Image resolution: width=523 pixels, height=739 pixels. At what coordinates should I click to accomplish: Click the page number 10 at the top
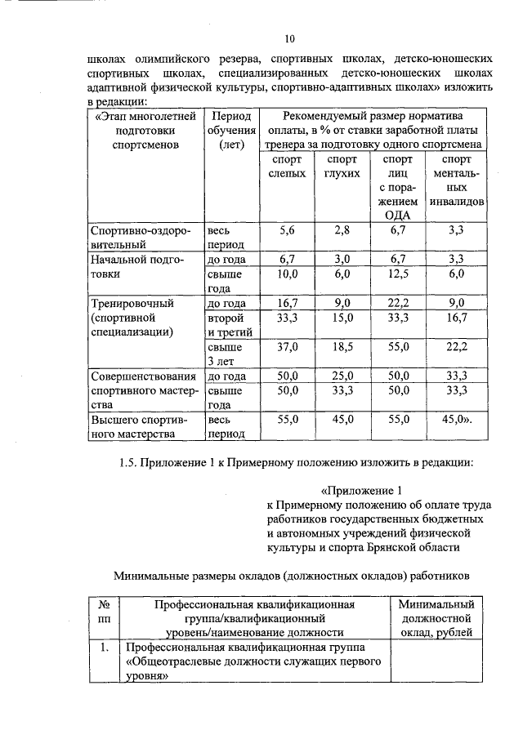pos(289,38)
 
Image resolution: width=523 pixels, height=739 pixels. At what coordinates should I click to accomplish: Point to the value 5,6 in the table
pos(287,230)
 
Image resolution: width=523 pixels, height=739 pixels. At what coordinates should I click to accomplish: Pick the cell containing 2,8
pos(342,230)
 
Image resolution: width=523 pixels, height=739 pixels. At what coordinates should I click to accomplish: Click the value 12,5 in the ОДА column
pos(397,274)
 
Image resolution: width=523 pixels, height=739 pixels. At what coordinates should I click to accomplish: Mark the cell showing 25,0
pos(342,376)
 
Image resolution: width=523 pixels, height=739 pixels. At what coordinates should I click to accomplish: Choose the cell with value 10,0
pos(287,274)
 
